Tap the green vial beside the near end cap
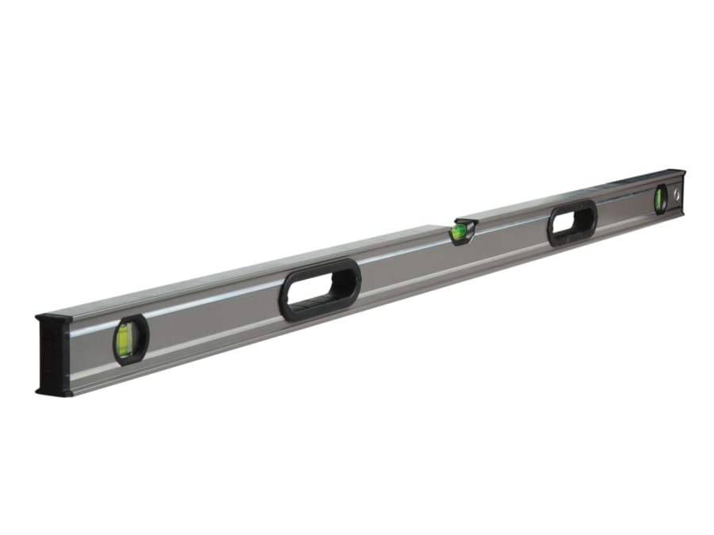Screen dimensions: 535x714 (x=126, y=339)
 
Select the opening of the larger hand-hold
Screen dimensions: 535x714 (x=319, y=290)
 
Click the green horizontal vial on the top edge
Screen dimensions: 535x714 (x=459, y=232)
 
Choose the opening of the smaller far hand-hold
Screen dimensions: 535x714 (x=571, y=224)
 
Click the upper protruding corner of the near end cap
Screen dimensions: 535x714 (x=40, y=319)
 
